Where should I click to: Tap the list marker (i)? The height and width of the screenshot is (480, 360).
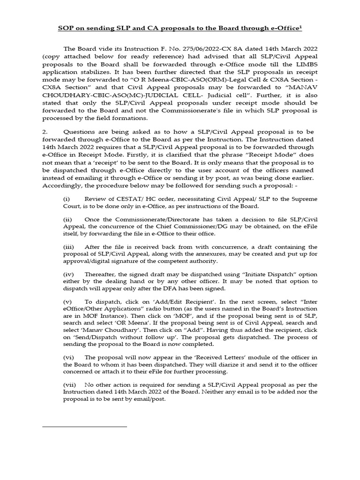click(67, 199)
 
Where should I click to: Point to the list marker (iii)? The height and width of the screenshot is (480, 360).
click(68, 247)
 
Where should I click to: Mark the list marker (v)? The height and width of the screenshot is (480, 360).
click(67, 302)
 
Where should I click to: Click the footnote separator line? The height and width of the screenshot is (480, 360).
click(84, 427)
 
